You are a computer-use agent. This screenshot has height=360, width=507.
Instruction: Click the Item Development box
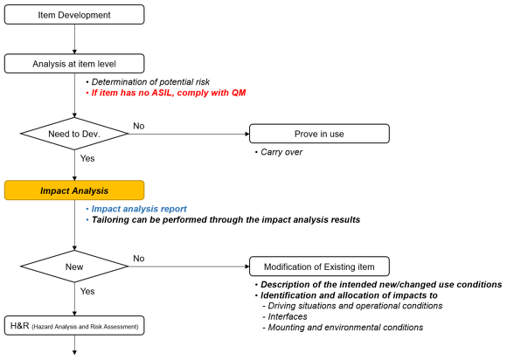click(x=74, y=15)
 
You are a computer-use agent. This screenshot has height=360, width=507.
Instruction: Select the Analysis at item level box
click(x=74, y=64)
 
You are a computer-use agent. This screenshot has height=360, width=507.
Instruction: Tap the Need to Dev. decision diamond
click(x=74, y=134)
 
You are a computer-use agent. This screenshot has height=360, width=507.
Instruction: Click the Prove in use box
click(x=319, y=134)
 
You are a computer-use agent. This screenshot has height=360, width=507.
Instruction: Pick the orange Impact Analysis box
click(x=74, y=190)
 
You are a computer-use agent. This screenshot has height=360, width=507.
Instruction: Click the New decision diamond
click(x=74, y=267)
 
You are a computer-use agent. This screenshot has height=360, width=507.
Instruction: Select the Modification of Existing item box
click(x=319, y=267)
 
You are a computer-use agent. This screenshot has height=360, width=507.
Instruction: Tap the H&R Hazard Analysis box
click(x=74, y=325)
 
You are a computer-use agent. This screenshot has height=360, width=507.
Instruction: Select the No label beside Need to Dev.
click(x=139, y=126)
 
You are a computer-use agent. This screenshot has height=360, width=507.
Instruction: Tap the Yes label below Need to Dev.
click(x=87, y=158)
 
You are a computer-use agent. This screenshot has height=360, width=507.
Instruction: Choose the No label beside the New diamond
click(x=139, y=259)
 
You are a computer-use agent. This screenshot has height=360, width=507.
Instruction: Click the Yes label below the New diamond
click(x=87, y=291)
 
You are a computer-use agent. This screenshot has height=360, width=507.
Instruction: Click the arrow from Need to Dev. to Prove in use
click(x=189, y=134)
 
